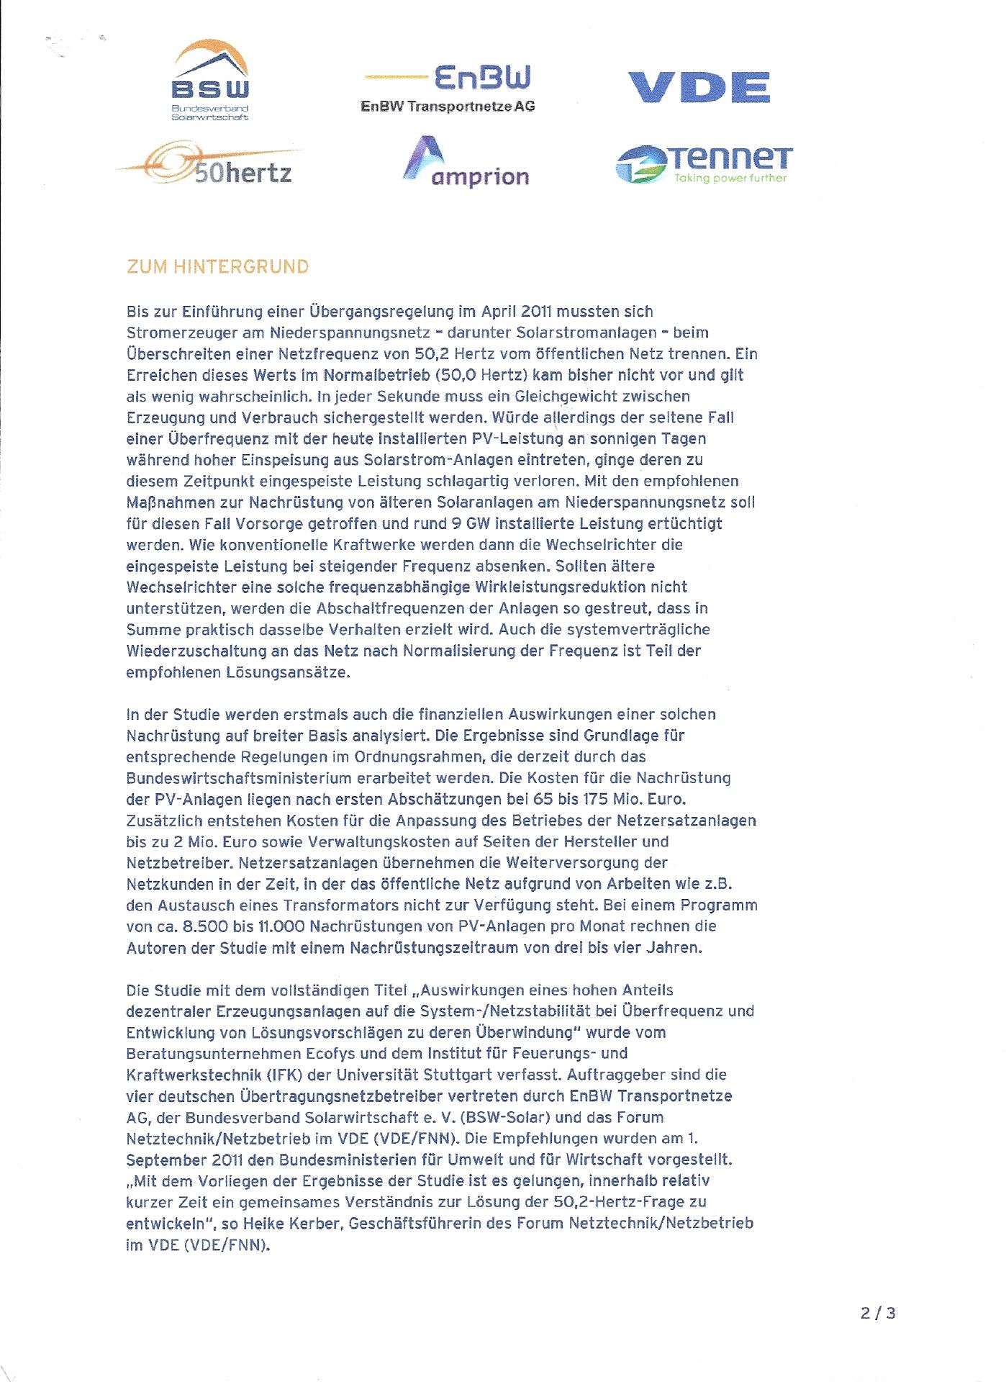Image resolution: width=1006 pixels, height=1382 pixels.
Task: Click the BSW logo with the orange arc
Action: (210, 79)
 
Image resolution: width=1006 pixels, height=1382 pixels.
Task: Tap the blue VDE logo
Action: (699, 87)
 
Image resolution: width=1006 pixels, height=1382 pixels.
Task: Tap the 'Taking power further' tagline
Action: (730, 179)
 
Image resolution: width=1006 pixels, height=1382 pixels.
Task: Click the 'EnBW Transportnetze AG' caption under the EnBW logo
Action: (448, 107)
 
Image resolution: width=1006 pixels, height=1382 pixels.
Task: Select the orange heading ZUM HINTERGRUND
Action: (217, 267)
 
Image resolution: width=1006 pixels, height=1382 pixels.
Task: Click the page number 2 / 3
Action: (878, 1313)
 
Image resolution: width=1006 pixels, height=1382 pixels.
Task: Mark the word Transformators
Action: (332, 905)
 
